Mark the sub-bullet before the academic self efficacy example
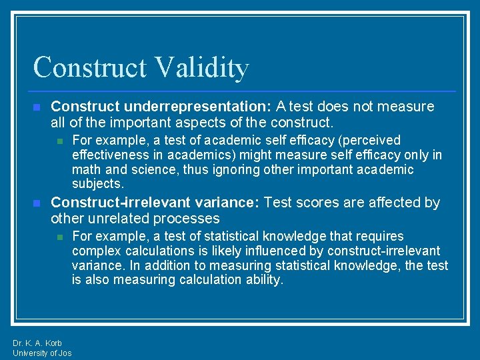(59, 141)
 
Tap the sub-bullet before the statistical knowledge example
(59, 237)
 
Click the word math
(86, 169)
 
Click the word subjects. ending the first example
(98, 184)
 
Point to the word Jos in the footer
(65, 353)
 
